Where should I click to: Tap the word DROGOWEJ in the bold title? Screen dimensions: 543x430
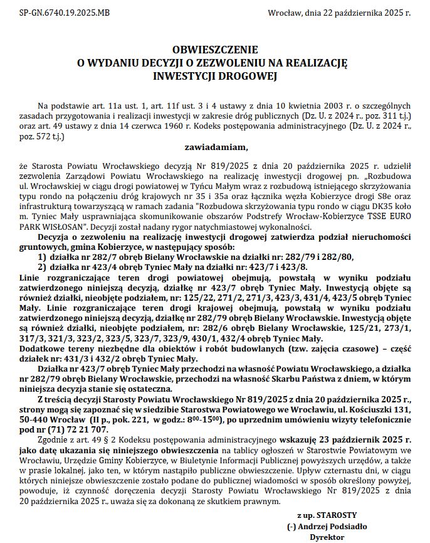[x=251, y=76]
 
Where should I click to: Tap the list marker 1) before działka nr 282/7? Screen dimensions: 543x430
[x=42, y=257]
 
